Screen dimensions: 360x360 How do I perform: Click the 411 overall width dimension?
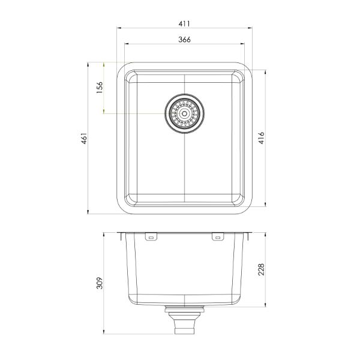coord(184,23)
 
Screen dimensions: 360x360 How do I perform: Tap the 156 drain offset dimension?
coord(100,88)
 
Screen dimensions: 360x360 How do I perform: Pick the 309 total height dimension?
coord(100,282)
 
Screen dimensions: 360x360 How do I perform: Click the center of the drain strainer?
coord(184,112)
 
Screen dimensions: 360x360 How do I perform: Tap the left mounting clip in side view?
coord(151,238)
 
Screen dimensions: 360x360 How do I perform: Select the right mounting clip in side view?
coord(217,238)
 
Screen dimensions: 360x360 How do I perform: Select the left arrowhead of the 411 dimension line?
coord(118,28)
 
